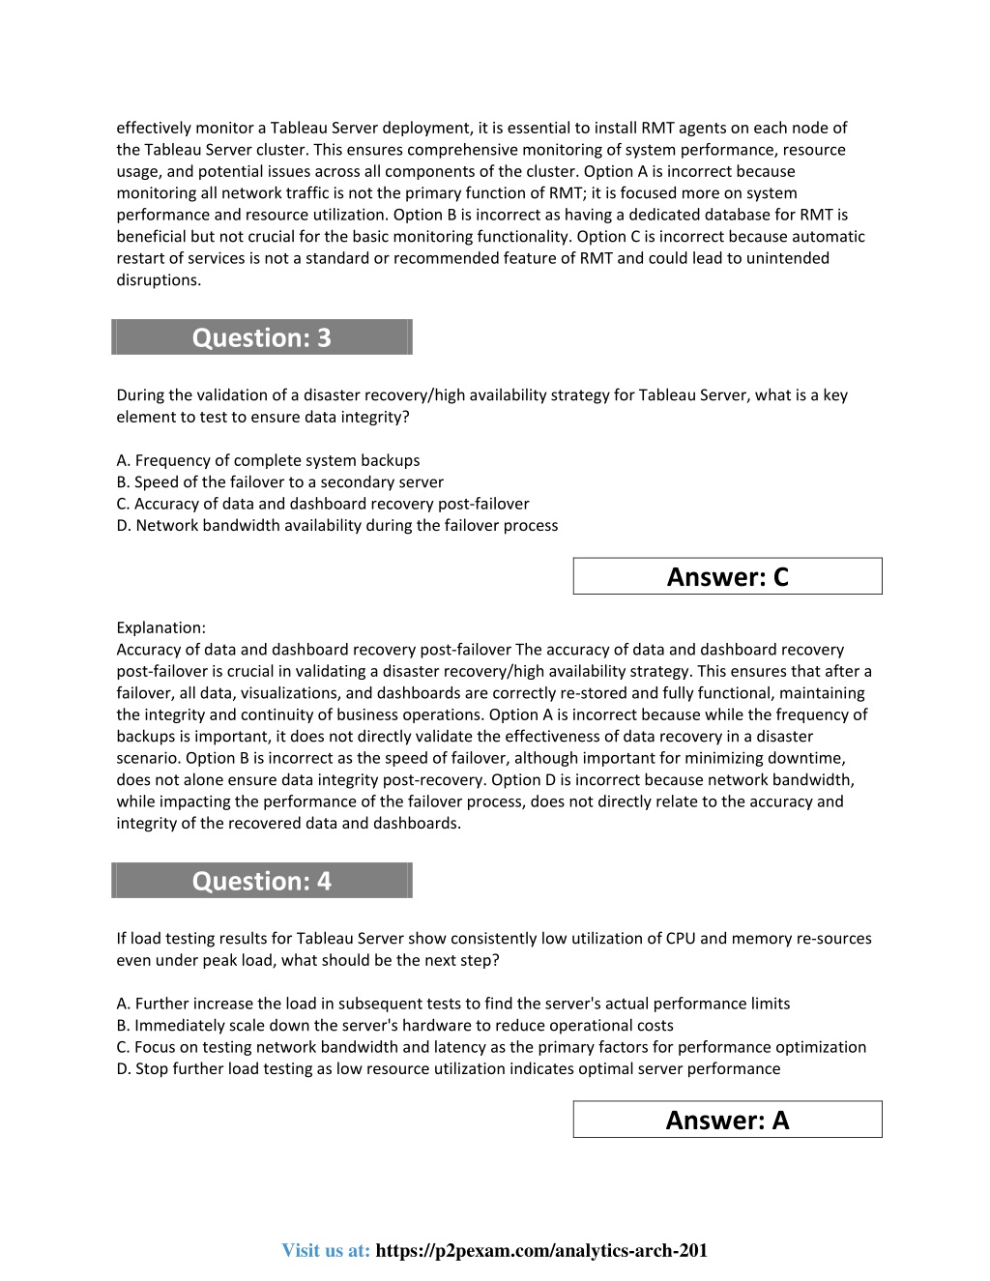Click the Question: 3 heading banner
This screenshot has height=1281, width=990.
(x=261, y=337)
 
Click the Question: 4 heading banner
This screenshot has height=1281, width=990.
(x=261, y=881)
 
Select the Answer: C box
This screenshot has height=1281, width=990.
(x=727, y=576)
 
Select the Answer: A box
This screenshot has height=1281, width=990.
(x=727, y=1120)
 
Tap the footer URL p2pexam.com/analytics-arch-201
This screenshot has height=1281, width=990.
(x=540, y=1250)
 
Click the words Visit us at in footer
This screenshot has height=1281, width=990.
(x=326, y=1250)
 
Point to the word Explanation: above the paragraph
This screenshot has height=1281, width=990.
(x=160, y=627)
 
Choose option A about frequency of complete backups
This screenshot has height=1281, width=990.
(x=268, y=460)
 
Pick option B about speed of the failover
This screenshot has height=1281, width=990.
(x=279, y=481)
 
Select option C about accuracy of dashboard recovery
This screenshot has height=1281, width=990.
(x=322, y=504)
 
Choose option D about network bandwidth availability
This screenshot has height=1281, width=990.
(x=336, y=525)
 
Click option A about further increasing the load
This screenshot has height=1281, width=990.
(x=452, y=1004)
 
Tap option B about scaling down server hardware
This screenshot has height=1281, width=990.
(x=394, y=1025)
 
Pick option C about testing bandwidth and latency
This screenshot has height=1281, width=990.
(x=491, y=1047)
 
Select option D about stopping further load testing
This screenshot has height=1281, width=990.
(x=448, y=1068)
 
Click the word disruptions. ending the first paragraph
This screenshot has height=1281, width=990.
(x=159, y=280)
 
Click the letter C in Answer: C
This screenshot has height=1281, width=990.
(x=780, y=577)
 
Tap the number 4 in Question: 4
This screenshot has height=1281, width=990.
(x=323, y=881)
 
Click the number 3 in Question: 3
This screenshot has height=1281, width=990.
(x=323, y=337)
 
